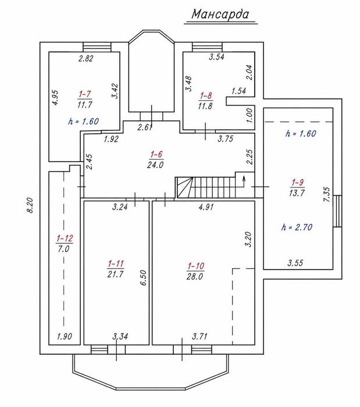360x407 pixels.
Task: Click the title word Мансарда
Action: point(220,15)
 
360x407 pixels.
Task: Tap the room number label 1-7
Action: point(85,94)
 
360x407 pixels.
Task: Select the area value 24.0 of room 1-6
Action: point(155,165)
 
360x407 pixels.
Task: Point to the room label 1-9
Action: point(297,182)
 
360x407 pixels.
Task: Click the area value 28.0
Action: point(195,277)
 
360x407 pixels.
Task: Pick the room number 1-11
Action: point(116,264)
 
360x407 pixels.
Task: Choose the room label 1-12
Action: point(65,238)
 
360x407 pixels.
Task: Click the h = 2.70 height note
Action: point(297,228)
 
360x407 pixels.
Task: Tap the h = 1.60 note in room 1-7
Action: point(83,121)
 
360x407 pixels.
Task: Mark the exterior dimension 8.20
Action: point(30,206)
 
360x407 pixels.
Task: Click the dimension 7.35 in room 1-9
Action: point(327,194)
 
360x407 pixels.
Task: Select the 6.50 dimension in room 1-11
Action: point(143,278)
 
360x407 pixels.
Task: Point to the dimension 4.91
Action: point(206,207)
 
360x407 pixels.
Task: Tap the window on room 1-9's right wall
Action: point(337,211)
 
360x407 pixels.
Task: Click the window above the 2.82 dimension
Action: point(97,47)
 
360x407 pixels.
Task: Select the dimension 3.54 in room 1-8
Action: point(217,57)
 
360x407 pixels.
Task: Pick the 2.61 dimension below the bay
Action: point(145,127)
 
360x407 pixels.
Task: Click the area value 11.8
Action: point(205,106)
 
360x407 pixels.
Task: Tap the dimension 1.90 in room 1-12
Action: point(65,337)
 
